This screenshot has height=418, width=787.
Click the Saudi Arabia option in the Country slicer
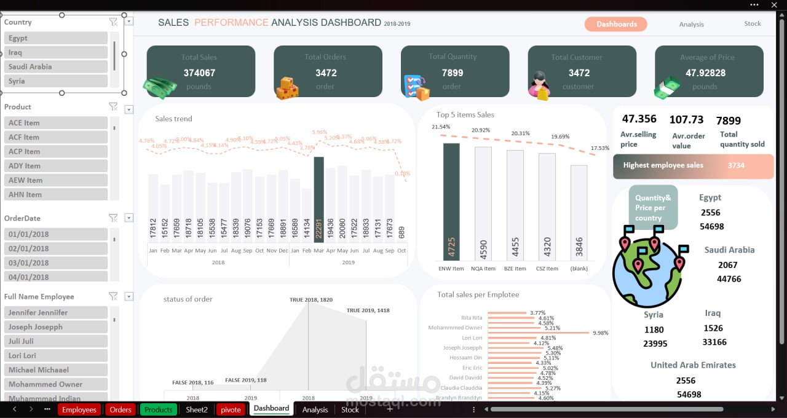click(x=57, y=66)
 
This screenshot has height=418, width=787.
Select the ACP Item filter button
click(x=57, y=151)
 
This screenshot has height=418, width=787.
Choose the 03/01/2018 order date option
click(x=57, y=262)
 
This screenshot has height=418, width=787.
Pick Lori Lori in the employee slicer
click(x=57, y=355)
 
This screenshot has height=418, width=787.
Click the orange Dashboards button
click(x=615, y=24)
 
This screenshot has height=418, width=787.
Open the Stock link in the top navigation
click(x=752, y=24)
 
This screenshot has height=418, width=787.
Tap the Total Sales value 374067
click(x=199, y=73)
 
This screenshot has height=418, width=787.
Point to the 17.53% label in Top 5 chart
click(x=599, y=148)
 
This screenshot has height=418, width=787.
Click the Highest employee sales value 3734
click(x=736, y=165)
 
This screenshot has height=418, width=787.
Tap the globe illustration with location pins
click(x=647, y=270)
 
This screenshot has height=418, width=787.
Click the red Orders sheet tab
click(x=121, y=409)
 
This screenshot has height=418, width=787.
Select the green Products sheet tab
click(x=158, y=409)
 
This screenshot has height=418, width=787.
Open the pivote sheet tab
click(x=231, y=409)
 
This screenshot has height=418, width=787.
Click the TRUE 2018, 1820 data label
click(x=311, y=300)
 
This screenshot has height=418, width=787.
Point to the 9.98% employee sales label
click(x=600, y=333)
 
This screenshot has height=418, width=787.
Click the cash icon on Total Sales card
click(x=159, y=87)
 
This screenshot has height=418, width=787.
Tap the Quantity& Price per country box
click(x=653, y=208)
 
